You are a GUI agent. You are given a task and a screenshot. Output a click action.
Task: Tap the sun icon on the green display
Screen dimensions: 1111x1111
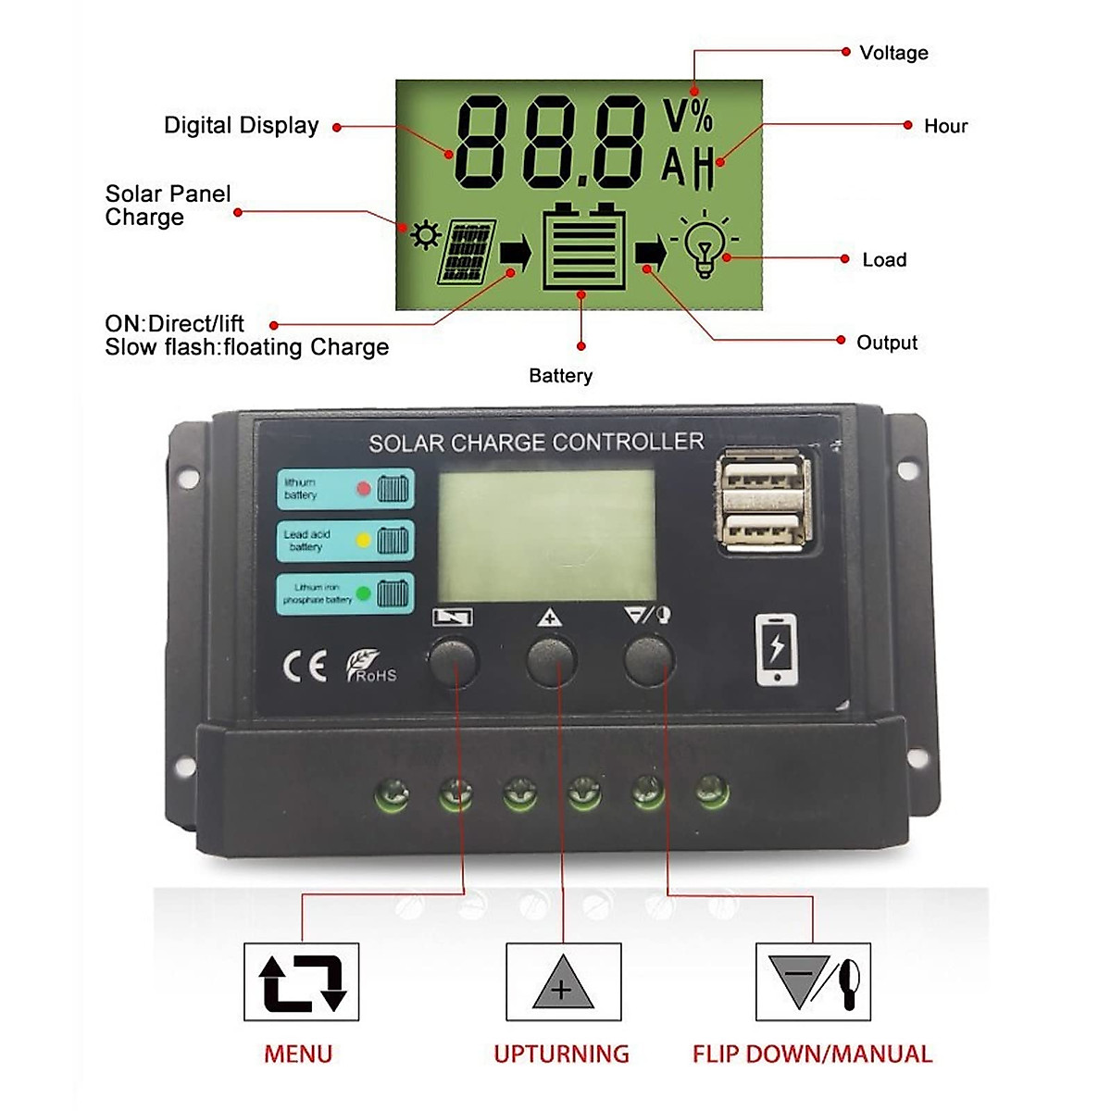(x=426, y=235)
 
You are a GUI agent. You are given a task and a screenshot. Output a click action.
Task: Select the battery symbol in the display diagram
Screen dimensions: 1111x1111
(x=583, y=246)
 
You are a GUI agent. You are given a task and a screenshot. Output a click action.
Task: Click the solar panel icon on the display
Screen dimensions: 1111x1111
(x=468, y=251)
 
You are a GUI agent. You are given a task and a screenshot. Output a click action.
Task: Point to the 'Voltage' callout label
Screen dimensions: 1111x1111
(x=893, y=53)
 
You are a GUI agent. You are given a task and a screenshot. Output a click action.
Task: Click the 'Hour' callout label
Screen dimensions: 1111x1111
(x=945, y=126)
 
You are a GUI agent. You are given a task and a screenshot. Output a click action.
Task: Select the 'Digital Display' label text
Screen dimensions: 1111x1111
(x=241, y=126)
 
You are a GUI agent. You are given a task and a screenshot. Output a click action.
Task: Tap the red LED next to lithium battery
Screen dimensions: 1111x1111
(x=363, y=488)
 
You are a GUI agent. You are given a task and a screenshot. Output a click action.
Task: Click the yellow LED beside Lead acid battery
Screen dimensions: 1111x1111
(x=363, y=541)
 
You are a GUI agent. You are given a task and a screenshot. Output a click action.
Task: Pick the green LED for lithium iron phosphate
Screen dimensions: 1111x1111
(x=363, y=593)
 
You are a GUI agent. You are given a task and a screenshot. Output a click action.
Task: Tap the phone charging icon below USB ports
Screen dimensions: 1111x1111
(x=776, y=649)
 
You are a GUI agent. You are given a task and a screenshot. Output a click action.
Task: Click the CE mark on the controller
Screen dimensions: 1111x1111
(x=304, y=666)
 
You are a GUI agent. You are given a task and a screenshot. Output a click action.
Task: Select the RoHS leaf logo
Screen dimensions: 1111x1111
(x=370, y=666)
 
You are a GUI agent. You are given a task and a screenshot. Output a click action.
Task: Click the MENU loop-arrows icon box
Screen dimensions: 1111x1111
(x=302, y=982)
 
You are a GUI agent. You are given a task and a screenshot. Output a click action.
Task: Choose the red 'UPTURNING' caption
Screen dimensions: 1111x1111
(x=561, y=1054)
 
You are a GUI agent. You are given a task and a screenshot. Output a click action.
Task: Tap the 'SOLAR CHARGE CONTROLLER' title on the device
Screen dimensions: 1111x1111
(x=536, y=443)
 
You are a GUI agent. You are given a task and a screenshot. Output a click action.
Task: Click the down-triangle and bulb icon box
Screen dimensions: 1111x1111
(x=813, y=982)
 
